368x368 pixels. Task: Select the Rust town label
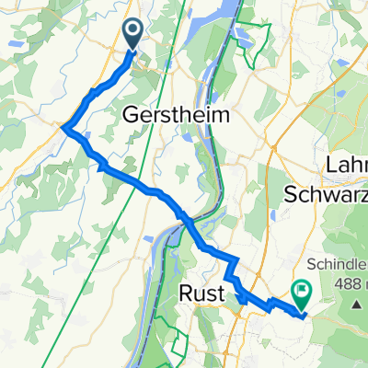point(201,293)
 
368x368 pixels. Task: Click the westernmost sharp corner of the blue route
point(63,129)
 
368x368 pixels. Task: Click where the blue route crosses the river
point(187,221)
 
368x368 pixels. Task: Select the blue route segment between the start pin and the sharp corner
point(101,87)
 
